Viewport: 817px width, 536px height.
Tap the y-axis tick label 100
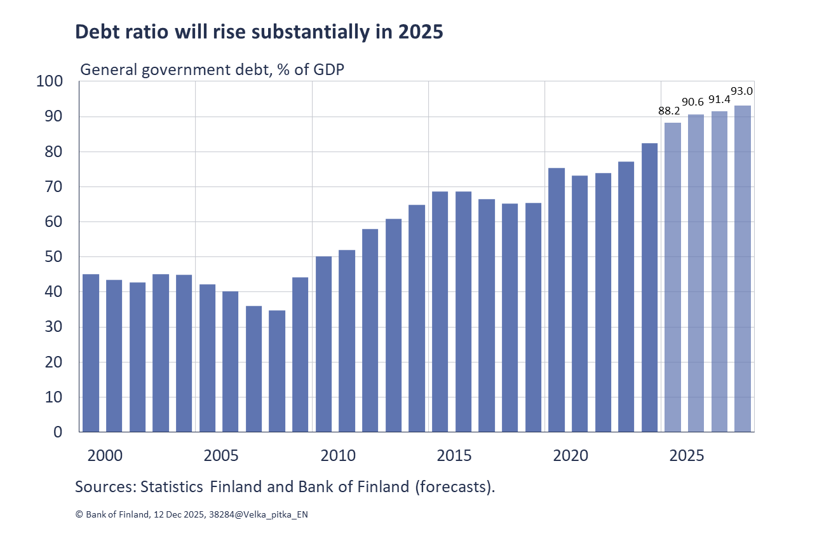50,81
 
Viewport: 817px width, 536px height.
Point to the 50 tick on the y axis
54,258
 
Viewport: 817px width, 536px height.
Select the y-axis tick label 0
58,432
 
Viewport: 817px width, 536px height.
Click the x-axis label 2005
220,456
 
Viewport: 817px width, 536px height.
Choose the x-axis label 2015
454,456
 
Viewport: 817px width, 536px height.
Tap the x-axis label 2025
687,456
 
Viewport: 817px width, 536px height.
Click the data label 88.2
669,111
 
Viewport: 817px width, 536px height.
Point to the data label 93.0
742,92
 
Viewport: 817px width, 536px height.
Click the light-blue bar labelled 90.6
696,273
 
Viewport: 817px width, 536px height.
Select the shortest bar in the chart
277,371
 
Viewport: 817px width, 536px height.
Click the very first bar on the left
91,353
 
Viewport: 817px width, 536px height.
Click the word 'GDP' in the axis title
328,70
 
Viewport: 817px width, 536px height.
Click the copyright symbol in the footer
79,515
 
